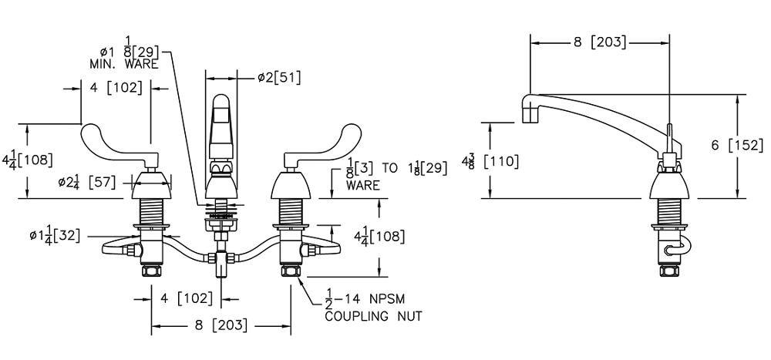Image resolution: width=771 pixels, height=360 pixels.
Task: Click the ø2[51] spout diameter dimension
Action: coord(279,77)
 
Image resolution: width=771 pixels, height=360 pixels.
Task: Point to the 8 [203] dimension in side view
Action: coord(599,42)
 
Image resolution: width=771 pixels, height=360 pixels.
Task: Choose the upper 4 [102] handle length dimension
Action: coord(116,88)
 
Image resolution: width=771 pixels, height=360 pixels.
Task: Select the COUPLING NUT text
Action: coord(373,316)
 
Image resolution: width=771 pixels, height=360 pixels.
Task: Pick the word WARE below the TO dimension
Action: coord(363,186)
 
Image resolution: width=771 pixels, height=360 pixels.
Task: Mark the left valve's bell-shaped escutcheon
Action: coord(150,185)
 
